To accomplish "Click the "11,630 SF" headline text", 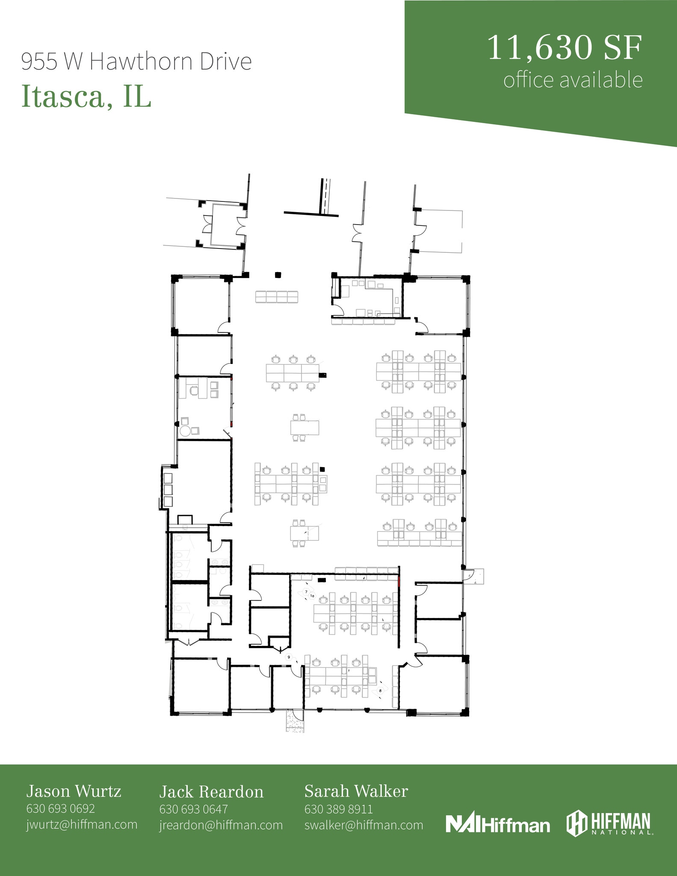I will point(565,48).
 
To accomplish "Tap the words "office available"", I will point(573,80).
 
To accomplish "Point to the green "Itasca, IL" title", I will point(86,97).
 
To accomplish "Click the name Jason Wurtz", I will point(74,791).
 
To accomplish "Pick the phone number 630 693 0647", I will point(193,809).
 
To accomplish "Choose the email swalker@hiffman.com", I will point(364,825).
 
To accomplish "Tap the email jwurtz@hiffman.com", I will point(82,824).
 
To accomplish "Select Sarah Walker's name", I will point(356,791).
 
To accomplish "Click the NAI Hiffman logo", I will point(497,824).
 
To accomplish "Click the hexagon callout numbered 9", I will point(289,657).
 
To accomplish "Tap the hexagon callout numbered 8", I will point(380,690).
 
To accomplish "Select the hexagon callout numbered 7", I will point(306,592).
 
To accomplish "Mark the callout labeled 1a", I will point(312,596).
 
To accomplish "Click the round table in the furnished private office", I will point(185,431).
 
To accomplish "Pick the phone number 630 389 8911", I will point(338,809).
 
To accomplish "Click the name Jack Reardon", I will point(211,792).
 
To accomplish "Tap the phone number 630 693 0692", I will point(60,808).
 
